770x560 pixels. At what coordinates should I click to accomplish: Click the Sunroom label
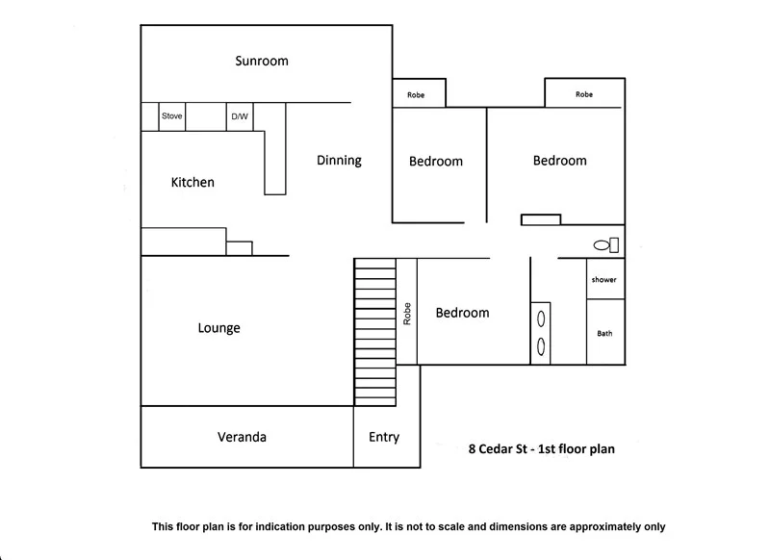click(x=262, y=62)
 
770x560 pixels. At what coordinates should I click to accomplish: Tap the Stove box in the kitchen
click(x=172, y=116)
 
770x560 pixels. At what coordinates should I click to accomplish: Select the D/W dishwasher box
click(x=239, y=116)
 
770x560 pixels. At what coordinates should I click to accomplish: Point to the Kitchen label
click(x=192, y=182)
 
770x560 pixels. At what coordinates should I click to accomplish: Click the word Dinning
click(x=339, y=161)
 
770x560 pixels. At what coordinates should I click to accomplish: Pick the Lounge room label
click(x=218, y=328)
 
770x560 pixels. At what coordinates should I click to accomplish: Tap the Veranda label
click(x=241, y=437)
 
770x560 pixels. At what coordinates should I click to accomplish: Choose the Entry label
click(x=384, y=437)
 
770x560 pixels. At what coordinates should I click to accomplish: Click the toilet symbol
click(x=606, y=245)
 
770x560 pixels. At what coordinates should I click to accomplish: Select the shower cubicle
click(x=604, y=280)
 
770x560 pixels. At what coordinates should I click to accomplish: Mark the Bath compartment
click(x=604, y=334)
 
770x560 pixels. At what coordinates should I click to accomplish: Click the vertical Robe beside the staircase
click(x=407, y=313)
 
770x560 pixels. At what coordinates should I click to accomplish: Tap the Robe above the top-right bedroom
click(x=584, y=94)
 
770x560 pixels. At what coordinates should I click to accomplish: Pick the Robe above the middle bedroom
click(x=417, y=94)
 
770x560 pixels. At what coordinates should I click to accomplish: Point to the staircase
click(x=375, y=332)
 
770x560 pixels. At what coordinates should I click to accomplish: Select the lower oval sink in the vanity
click(x=541, y=344)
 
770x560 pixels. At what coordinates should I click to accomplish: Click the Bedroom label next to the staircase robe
click(x=462, y=313)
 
